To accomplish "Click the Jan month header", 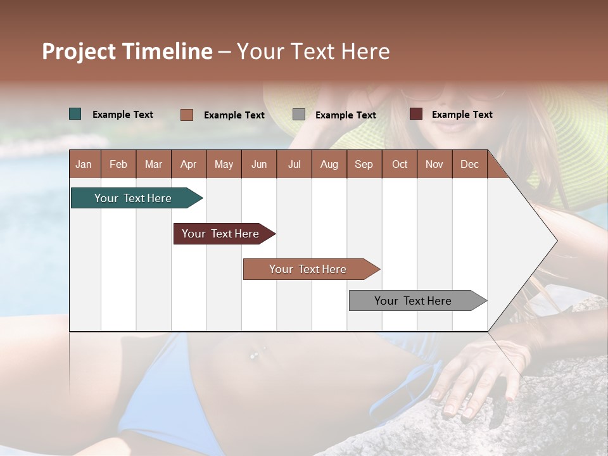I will coord(84,164).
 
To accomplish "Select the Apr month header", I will coord(188,164).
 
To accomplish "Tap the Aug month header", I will coord(329,164).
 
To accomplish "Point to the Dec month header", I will coord(469,164).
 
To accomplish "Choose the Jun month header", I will coord(259,164).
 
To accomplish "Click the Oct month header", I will coord(400,164).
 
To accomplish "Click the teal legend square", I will coord(75,114).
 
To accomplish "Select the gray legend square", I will coord(299,115).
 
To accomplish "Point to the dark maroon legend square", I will coord(415,114).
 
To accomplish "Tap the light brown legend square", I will coord(187,115).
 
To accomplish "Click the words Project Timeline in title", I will coord(127,51).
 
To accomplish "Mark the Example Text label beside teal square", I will coord(123,115).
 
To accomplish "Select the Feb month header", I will coord(118,164).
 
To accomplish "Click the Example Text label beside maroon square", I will coord(462,115).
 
